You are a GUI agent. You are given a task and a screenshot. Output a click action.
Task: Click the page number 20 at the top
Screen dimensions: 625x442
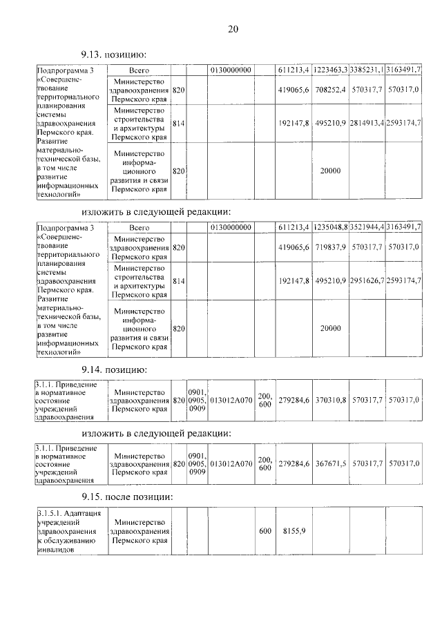pos(232,28)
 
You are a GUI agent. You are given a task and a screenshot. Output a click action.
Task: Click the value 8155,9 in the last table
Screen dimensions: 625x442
pos(294,531)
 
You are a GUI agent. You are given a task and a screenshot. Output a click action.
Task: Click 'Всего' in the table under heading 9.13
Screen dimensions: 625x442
pos(140,70)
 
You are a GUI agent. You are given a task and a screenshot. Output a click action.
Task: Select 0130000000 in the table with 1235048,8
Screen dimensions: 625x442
pos(231,227)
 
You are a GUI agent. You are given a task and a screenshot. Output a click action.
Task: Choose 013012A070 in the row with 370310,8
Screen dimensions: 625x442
pos(231,400)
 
